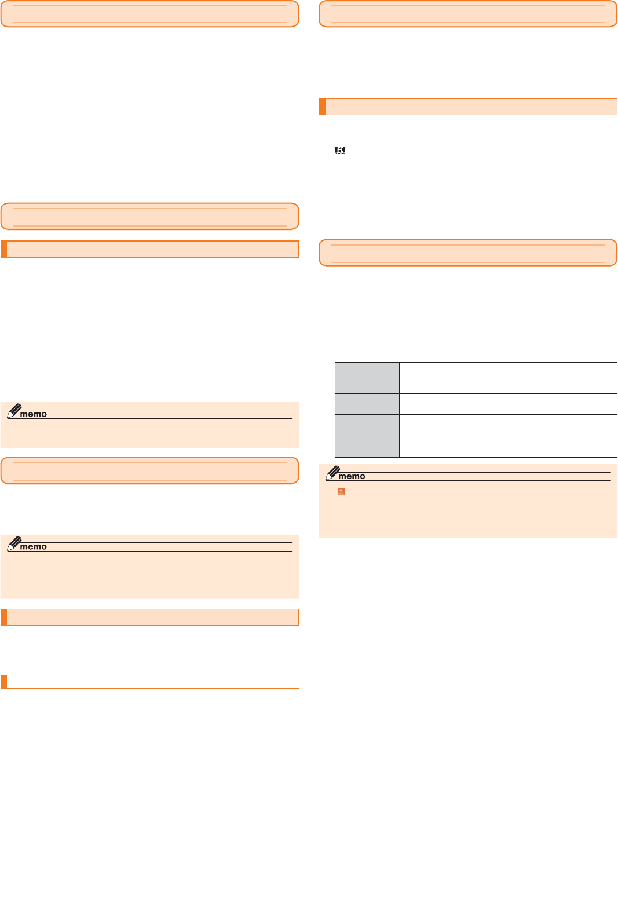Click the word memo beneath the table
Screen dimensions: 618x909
352,476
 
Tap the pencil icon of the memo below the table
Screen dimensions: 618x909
332,473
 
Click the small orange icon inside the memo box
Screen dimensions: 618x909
341,491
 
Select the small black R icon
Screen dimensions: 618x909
341,150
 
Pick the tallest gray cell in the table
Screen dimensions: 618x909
367,378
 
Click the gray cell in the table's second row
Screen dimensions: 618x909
367,404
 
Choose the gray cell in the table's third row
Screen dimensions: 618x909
367,425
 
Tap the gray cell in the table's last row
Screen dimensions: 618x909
367,447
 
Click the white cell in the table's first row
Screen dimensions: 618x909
508,378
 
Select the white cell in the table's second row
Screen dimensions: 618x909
508,404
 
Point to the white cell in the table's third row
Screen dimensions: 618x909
508,425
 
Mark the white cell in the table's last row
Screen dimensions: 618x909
508,447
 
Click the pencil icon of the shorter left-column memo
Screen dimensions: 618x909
14,411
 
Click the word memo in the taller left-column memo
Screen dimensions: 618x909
33,547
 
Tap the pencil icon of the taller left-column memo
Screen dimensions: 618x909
14,543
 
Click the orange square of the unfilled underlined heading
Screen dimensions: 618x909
4,681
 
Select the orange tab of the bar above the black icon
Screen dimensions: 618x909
322,107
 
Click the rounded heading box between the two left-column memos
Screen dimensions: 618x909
149,470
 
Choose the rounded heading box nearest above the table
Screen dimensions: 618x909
468,253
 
